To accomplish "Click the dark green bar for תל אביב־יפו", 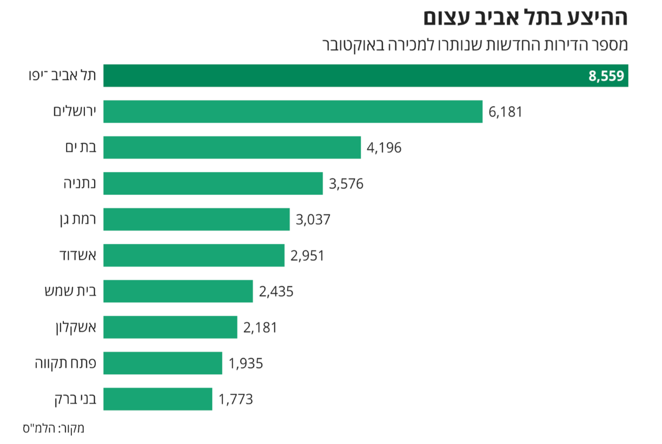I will [x=346, y=76].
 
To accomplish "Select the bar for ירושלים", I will [x=293, y=111].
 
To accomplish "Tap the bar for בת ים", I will [x=232, y=147].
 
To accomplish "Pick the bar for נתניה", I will [x=213, y=183].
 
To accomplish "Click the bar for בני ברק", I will [x=157, y=399].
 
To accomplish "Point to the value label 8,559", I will [x=606, y=76].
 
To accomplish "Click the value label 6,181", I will [x=505, y=112].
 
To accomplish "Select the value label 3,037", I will [x=313, y=220].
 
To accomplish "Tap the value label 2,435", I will [x=276, y=291].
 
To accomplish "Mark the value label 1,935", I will [x=246, y=363].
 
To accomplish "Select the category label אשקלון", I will [x=75, y=328].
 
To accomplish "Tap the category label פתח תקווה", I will [x=65, y=363].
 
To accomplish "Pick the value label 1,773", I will [x=236, y=400].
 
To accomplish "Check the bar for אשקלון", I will [x=170, y=327].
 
